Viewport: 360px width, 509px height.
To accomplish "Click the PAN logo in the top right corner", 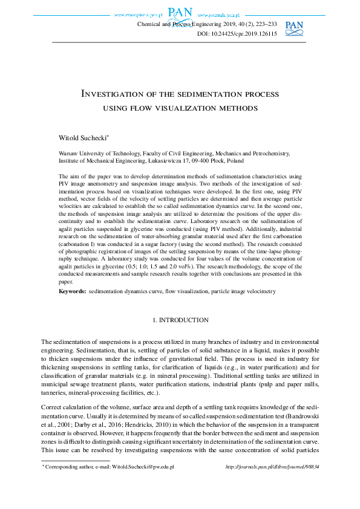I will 294,28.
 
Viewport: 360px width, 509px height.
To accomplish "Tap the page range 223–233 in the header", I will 264,24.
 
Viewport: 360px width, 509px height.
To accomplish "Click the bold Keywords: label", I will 72,291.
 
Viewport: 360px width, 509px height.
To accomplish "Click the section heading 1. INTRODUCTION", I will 180,319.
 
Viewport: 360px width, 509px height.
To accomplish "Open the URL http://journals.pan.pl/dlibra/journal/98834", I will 272,467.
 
